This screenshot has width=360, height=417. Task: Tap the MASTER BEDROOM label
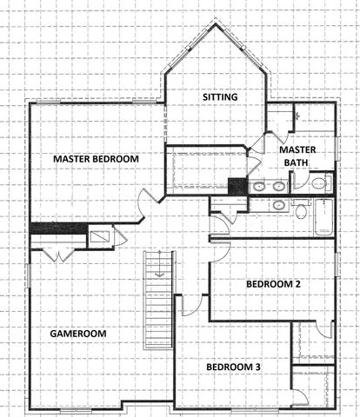[x=96, y=159]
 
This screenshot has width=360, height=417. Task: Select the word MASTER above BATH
[x=297, y=149]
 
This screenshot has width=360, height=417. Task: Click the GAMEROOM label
[x=77, y=333]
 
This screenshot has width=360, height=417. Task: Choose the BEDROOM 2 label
[x=273, y=284]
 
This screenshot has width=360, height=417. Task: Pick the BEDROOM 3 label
[x=233, y=367]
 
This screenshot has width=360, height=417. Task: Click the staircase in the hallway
[x=157, y=299]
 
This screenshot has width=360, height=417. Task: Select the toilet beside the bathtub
[x=301, y=210]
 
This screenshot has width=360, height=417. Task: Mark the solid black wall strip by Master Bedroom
[x=58, y=228]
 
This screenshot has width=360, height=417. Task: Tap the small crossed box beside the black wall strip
[x=100, y=235]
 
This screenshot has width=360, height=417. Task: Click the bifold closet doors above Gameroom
[x=58, y=254]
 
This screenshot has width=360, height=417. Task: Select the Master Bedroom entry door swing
[x=147, y=203]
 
